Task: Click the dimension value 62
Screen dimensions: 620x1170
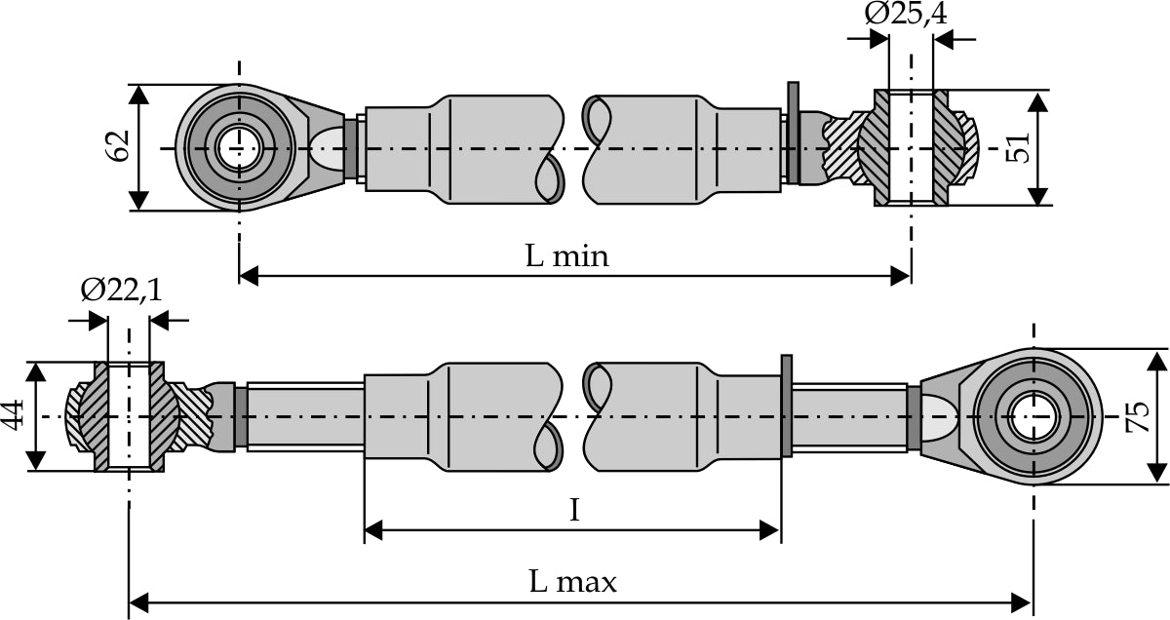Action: point(118,147)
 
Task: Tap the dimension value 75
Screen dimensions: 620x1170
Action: point(1137,417)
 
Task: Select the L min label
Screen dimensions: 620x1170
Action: point(566,256)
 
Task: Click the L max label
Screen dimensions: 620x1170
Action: point(573,583)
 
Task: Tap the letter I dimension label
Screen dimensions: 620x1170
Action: point(574,510)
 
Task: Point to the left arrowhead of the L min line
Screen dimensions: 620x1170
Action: point(249,276)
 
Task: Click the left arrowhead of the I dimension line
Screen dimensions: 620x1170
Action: point(373,530)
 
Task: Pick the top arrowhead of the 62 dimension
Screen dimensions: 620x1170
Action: point(140,95)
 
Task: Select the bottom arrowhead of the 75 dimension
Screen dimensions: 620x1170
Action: point(1157,473)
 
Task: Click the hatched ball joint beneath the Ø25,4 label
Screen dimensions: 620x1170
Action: point(911,148)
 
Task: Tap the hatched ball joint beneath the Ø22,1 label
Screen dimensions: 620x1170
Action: point(129,416)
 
